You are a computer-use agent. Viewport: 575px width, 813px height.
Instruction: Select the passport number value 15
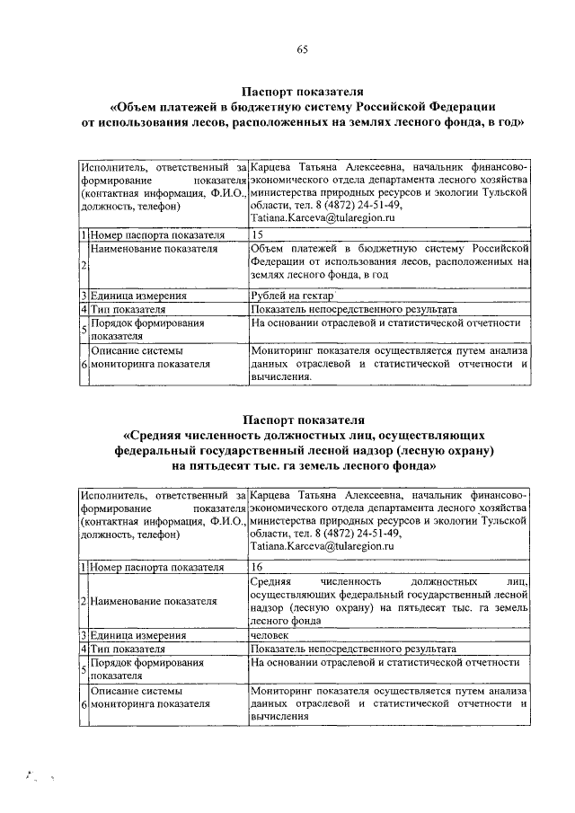(x=258, y=235)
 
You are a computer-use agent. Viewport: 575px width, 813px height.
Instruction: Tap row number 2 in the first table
(x=83, y=265)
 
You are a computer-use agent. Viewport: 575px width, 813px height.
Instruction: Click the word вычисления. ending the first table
(x=281, y=377)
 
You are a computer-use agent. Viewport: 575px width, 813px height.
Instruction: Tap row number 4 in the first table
(x=83, y=309)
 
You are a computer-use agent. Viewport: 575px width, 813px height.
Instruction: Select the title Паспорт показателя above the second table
(x=302, y=420)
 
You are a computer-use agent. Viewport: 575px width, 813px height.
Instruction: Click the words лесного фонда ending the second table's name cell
(x=282, y=619)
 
